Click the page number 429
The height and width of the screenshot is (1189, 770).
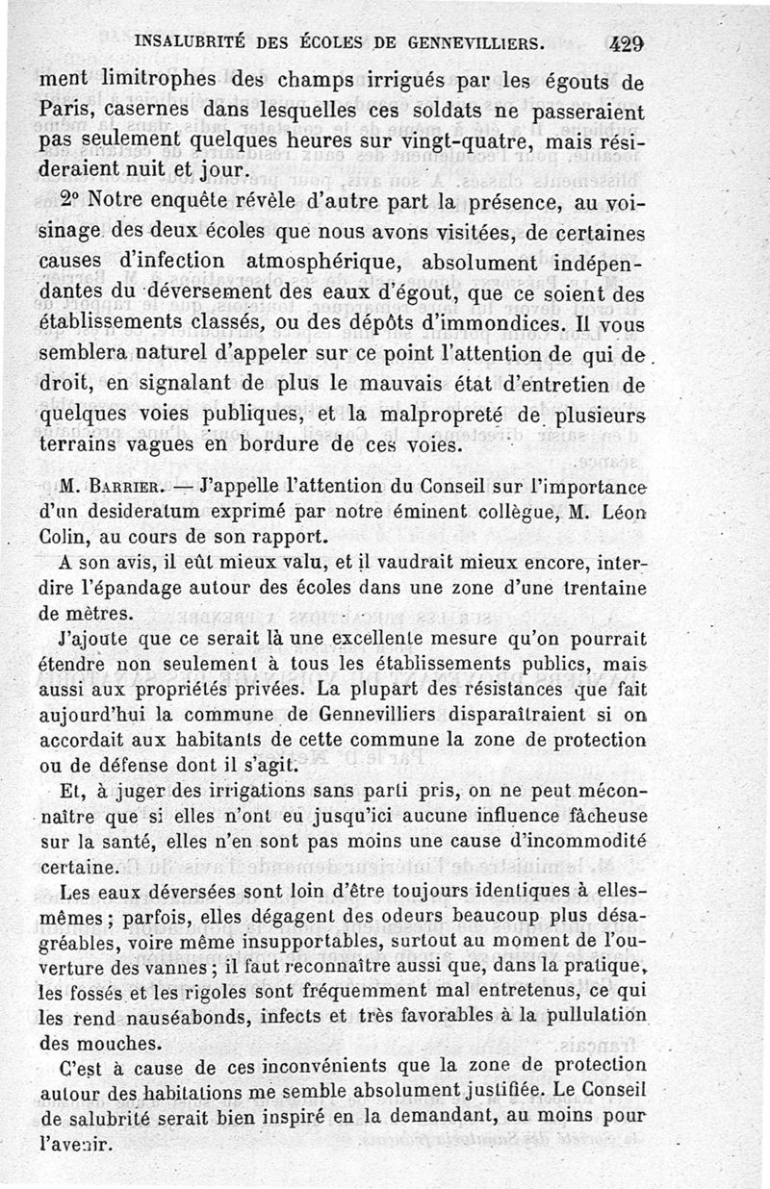pyautogui.click(x=627, y=43)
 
